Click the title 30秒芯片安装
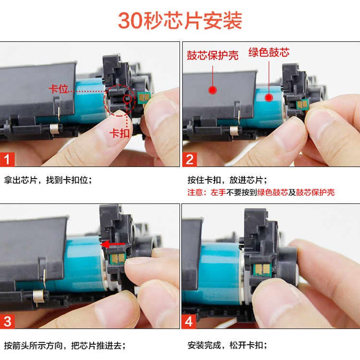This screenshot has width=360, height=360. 180,21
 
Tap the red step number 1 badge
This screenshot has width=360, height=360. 8,159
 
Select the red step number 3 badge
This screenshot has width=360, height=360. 8,321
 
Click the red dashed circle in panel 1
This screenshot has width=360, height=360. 122,100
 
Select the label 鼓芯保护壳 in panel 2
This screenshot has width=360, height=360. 213,56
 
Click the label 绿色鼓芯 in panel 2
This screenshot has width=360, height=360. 269,52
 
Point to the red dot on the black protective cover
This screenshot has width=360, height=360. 210,89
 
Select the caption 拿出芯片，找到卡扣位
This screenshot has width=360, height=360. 48,180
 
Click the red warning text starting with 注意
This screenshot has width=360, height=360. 261,192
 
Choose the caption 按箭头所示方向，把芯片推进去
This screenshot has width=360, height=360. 65,345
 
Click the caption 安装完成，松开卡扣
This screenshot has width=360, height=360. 227,345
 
